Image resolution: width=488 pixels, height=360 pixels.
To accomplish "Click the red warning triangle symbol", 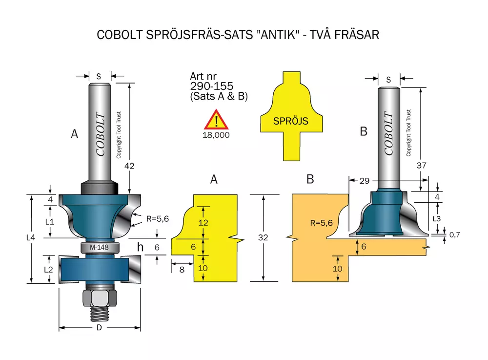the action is (216, 120).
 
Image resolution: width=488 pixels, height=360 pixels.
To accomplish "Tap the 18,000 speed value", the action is (216, 135).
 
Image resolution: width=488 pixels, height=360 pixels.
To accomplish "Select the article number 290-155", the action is (212, 86).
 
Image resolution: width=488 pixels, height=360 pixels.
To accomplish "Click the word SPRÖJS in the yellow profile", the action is (291, 121).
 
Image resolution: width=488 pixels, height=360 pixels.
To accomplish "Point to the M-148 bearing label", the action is (99, 247).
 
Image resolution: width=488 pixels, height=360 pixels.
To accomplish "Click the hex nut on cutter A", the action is (100, 297).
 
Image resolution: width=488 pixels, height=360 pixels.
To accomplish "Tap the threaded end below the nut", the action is (100, 314).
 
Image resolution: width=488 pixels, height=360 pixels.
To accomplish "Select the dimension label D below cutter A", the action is (99, 328).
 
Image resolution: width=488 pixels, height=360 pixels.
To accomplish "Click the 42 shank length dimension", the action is (129, 166).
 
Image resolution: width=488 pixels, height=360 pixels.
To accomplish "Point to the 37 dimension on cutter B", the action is (422, 166).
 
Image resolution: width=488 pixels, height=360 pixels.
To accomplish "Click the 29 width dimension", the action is (365, 181).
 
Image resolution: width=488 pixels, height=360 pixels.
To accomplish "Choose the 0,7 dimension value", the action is (455, 235).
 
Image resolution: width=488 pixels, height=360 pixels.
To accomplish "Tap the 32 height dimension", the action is (263, 237).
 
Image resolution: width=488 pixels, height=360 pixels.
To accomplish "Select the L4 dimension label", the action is (31, 237).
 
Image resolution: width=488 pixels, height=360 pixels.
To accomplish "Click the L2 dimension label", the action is (48, 269).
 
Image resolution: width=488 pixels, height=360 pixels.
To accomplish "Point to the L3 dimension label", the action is (437, 219).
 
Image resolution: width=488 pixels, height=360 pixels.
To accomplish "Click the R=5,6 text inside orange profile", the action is (322, 223).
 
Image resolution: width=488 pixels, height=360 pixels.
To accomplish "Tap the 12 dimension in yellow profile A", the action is (203, 223).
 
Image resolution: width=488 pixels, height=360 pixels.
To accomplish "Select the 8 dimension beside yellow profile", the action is (182, 270).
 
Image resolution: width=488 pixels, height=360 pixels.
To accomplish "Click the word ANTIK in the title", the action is (279, 35).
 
